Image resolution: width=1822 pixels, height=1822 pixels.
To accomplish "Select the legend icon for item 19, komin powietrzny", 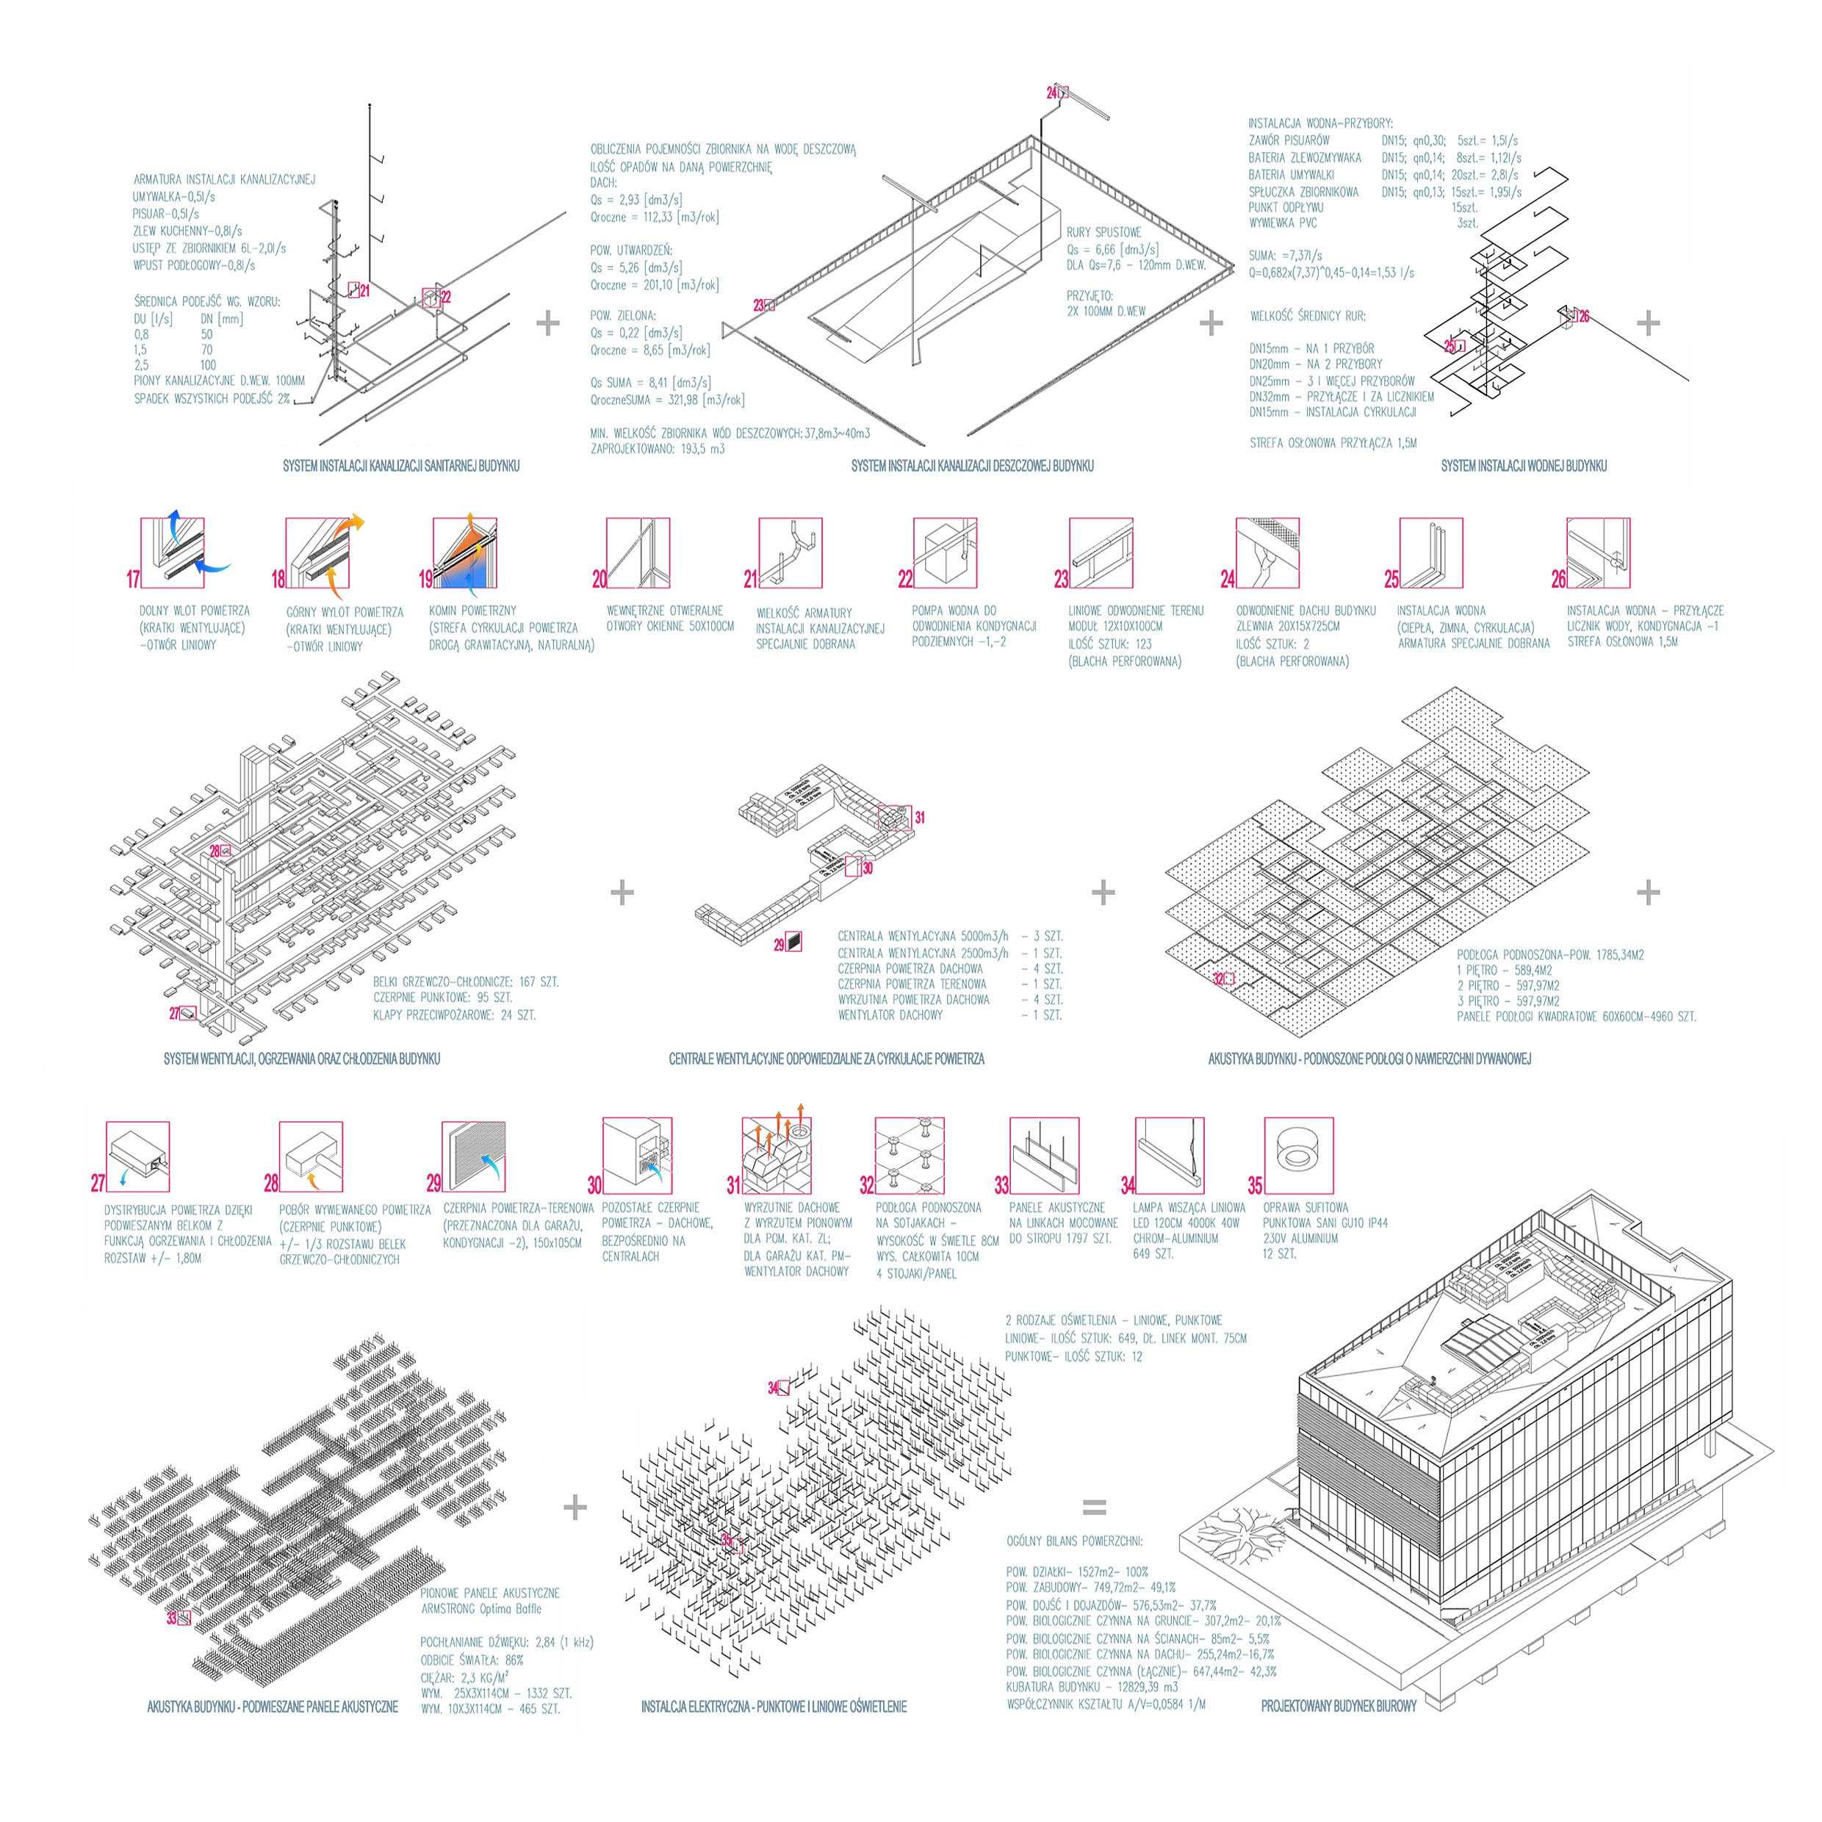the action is click(x=464, y=552).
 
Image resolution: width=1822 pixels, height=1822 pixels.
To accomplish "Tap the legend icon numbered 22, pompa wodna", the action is click(x=944, y=552).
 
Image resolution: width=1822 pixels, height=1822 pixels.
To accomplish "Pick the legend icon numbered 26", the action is click(x=1597, y=552).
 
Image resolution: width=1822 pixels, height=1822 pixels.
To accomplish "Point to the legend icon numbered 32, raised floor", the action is click(x=909, y=1155).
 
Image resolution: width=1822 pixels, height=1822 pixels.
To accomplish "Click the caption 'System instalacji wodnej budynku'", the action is click(x=1523, y=466).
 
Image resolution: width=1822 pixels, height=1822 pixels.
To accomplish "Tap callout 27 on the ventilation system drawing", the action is click(x=176, y=1014).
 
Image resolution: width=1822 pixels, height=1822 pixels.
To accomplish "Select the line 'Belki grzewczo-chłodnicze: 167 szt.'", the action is click(x=465, y=982).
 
